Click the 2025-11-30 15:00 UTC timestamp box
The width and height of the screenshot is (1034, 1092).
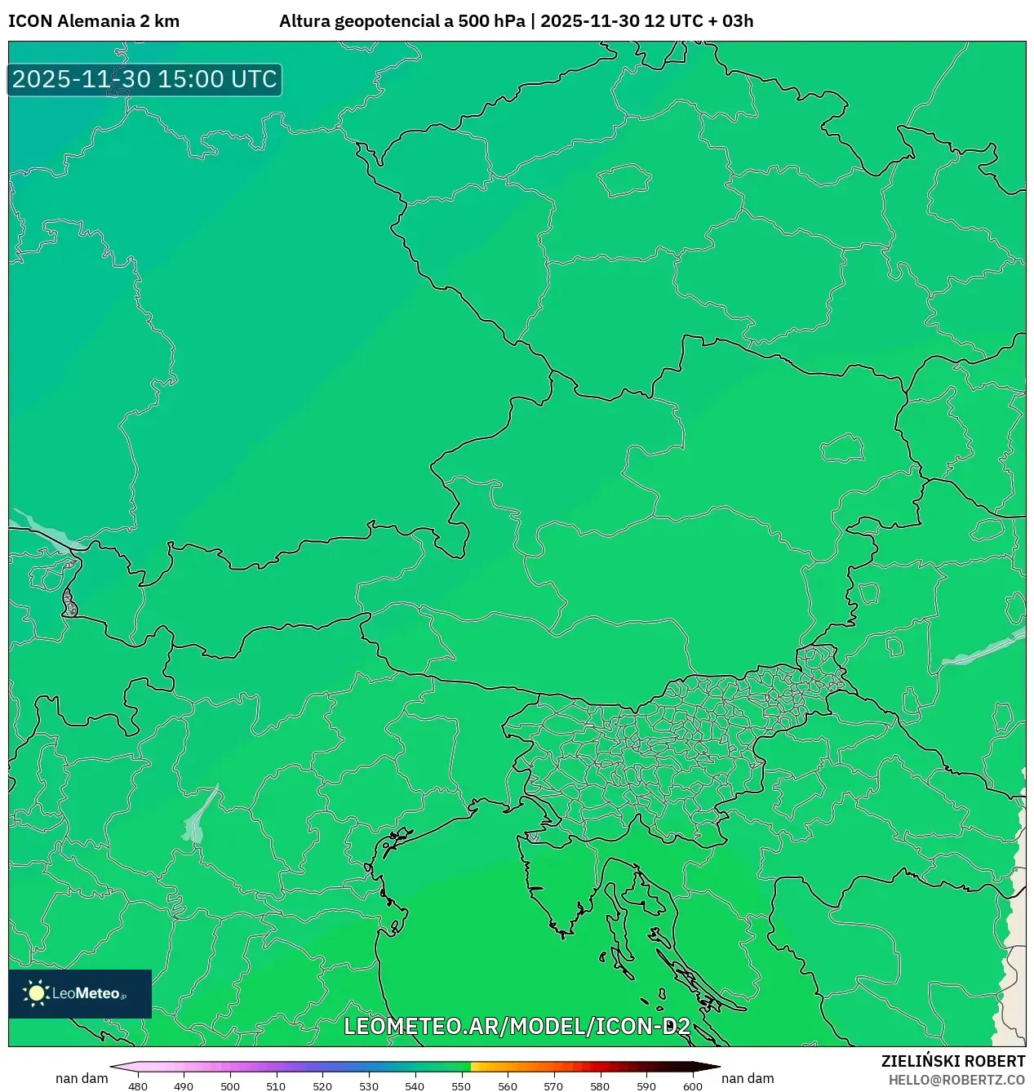click(144, 79)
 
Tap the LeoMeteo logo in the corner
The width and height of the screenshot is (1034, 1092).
click(80, 993)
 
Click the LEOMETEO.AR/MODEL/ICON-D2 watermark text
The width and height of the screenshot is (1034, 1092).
click(517, 1026)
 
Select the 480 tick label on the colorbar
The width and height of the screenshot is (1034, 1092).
click(138, 1086)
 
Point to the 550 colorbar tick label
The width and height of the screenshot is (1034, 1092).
click(461, 1086)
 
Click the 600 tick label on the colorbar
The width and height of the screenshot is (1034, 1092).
click(692, 1086)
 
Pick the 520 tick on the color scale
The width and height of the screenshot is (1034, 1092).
click(322, 1086)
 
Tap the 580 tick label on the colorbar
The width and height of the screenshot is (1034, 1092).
click(600, 1086)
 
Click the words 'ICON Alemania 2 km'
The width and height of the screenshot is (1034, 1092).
click(94, 21)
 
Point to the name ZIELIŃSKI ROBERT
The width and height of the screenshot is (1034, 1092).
click(952, 1061)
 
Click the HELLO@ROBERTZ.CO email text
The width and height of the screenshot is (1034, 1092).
click(956, 1080)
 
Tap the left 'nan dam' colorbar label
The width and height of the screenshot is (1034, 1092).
click(82, 1078)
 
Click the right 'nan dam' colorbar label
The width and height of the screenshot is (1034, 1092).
click(748, 1078)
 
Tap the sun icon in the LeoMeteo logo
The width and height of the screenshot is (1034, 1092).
click(37, 993)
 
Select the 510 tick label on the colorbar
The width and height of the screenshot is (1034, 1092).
click(276, 1086)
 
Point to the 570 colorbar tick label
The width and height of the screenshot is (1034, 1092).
click(553, 1086)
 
